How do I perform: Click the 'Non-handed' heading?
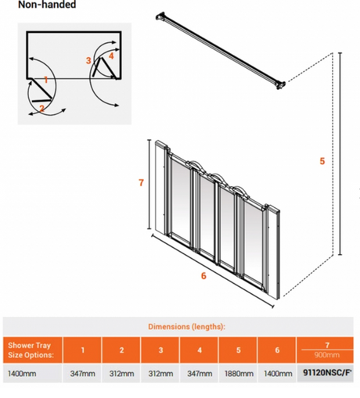click(x=47, y=5)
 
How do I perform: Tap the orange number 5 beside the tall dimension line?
click(x=322, y=161)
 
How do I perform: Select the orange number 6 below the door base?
click(x=203, y=275)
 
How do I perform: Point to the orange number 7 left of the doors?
click(x=141, y=182)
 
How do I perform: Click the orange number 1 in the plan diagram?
click(x=46, y=80)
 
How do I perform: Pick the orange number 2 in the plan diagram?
click(x=41, y=108)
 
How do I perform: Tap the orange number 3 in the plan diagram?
click(x=88, y=60)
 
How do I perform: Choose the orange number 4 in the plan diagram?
click(x=111, y=56)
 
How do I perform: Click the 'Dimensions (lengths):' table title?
click(x=186, y=327)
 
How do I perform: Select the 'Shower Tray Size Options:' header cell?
click(x=31, y=350)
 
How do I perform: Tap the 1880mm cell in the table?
click(x=239, y=374)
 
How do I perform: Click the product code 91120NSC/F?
click(x=327, y=373)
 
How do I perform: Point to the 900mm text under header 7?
click(x=327, y=355)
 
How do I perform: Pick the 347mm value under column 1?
click(x=82, y=374)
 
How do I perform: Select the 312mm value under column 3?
click(x=160, y=374)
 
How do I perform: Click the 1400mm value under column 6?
click(x=278, y=374)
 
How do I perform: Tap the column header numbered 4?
click(x=200, y=350)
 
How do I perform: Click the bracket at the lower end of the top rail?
click(x=281, y=85)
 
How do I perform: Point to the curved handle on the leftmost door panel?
click(x=194, y=166)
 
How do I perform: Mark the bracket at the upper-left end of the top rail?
click(x=160, y=16)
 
